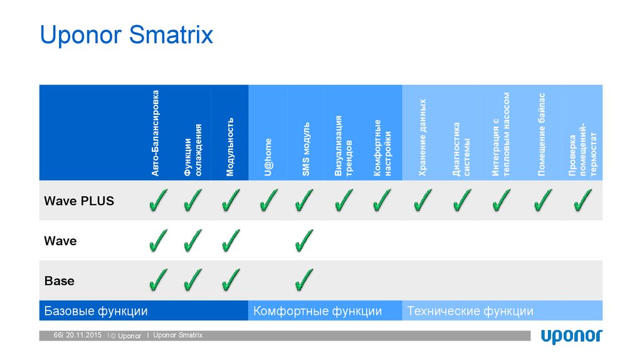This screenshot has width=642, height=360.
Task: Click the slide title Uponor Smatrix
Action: click(127, 34)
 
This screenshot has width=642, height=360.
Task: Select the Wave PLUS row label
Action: click(79, 201)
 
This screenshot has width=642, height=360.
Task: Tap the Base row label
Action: click(60, 281)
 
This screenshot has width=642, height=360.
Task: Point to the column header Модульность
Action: click(230, 146)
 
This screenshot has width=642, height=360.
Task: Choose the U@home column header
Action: click(268, 157)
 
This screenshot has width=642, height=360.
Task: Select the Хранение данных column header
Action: click(423, 137)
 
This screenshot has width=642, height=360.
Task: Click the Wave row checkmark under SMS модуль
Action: click(304, 240)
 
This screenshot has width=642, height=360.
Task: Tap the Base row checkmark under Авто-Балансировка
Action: click(158, 280)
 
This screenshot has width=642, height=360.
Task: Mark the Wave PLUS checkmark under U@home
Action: click(268, 201)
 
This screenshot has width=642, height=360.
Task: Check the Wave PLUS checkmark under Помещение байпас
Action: click(542, 201)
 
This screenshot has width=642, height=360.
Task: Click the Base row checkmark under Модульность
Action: click(231, 280)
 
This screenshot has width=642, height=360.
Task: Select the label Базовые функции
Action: click(96, 311)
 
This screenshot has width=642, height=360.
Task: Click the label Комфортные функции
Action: click(317, 311)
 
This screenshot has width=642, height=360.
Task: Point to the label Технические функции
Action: click(470, 311)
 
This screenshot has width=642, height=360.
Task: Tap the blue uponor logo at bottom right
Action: click(571, 336)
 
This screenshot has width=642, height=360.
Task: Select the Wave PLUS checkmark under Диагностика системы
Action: click(461, 201)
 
